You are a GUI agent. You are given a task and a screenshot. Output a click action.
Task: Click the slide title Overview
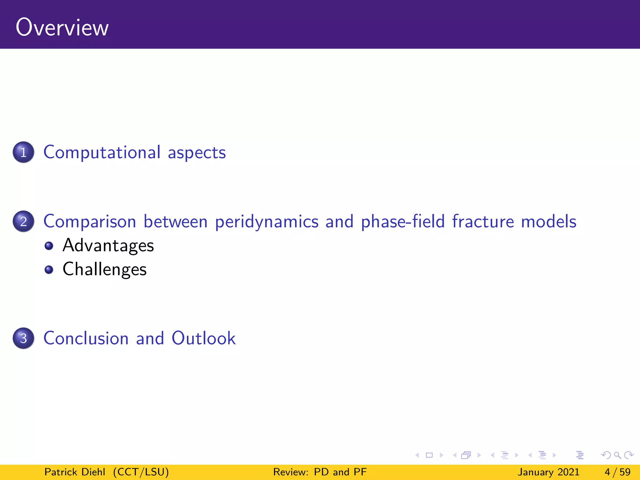tap(62, 27)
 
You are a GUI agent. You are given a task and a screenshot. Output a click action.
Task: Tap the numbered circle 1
tap(23, 152)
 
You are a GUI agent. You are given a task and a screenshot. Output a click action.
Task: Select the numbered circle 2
tap(23, 221)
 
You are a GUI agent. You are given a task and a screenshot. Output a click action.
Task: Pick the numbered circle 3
tap(23, 338)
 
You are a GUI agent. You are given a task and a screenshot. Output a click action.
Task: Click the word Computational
tap(102, 152)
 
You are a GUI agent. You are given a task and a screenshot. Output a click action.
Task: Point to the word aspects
tap(197, 153)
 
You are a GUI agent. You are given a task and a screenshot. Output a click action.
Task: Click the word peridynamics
tap(267, 222)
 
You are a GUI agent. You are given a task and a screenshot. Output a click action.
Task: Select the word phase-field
tap(402, 222)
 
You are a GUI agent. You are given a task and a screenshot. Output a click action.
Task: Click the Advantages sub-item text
tap(108, 245)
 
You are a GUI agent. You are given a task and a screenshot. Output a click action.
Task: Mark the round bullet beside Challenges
tap(49, 269)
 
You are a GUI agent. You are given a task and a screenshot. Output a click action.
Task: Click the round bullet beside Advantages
tap(49, 246)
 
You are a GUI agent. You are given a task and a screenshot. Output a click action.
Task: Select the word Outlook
tap(203, 338)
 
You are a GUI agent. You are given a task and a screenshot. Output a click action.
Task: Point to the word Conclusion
tap(86, 338)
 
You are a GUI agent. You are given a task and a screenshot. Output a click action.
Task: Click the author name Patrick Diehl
tap(75, 472)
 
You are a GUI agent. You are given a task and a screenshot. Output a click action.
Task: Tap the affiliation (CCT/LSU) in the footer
tap(141, 472)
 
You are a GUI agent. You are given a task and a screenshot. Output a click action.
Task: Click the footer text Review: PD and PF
tap(320, 472)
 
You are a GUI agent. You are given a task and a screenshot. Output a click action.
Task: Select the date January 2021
tap(548, 472)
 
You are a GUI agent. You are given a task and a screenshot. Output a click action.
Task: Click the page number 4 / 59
tap(617, 472)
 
